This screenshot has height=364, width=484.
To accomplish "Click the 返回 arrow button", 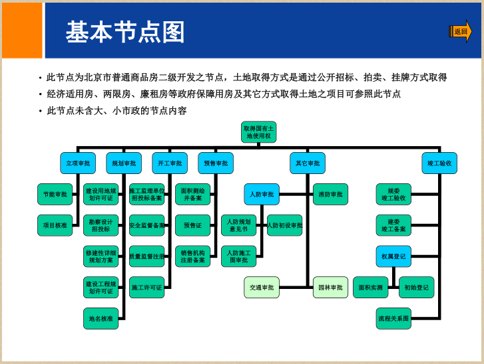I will tap(461, 31).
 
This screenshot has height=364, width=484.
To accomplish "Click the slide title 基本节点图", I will tap(124, 32).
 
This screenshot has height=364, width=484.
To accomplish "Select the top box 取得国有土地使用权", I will tap(258, 132).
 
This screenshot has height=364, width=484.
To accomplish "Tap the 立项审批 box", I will tap(78, 163).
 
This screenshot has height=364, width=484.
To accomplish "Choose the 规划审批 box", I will tap(124, 163).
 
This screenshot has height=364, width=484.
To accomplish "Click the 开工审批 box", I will tap(170, 163).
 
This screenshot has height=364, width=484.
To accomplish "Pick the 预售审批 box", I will tap(216, 163).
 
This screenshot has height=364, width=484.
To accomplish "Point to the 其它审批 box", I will tap(308, 163).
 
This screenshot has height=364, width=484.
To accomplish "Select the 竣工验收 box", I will tap(439, 163).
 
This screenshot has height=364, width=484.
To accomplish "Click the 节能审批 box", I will tap(55, 195).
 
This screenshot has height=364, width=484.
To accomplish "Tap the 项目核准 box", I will tap(55, 225).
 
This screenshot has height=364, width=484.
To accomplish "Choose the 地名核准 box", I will tap(101, 318).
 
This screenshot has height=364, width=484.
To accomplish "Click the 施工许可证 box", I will tap(147, 288).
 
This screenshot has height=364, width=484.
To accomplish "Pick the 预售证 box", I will tap(193, 225).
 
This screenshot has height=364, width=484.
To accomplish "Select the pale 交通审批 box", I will tap(262, 288).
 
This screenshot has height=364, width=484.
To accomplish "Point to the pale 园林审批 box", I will tap(330, 288).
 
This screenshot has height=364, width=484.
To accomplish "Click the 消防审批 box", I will tap(330, 195).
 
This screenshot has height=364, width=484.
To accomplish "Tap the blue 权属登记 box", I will tap(393, 256).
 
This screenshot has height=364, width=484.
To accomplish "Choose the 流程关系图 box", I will tap(393, 318).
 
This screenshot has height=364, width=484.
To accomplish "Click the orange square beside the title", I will tap(22, 31).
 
